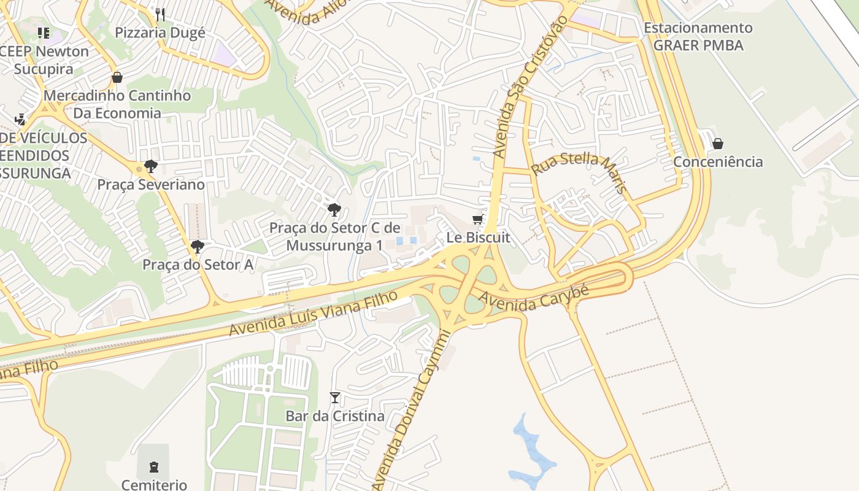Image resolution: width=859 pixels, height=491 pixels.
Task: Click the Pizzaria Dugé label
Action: click(x=160, y=33)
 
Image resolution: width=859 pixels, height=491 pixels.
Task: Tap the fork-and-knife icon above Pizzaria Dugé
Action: click(x=160, y=14)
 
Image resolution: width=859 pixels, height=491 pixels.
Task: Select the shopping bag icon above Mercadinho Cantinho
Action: click(x=117, y=77)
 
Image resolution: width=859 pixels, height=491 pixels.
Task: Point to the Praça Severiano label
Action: click(x=151, y=185)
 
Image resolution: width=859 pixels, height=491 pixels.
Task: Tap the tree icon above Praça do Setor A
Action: click(x=198, y=247)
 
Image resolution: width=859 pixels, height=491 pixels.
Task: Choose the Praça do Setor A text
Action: click(x=198, y=265)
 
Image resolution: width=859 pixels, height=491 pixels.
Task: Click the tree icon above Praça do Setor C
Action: click(x=334, y=210)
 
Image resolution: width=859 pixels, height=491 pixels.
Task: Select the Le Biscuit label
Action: click(x=478, y=238)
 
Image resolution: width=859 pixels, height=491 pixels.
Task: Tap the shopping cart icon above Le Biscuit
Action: click(x=477, y=220)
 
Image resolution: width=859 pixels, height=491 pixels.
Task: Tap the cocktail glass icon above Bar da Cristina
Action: click(x=335, y=398)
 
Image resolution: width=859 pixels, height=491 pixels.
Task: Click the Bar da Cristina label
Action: click(x=335, y=416)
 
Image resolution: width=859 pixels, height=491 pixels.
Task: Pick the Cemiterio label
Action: click(x=154, y=485)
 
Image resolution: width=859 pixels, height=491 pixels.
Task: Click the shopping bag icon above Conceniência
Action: click(x=718, y=144)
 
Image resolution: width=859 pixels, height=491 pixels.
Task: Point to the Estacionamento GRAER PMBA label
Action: click(x=698, y=36)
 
